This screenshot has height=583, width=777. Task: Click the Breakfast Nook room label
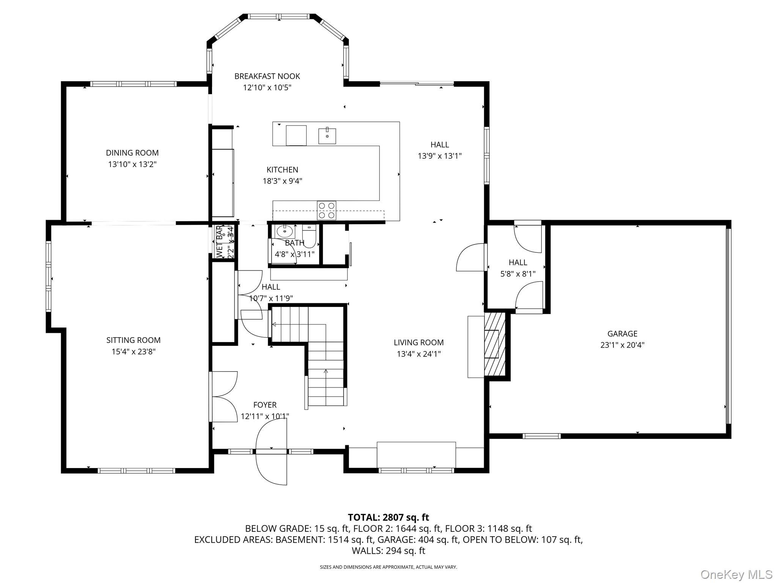267,76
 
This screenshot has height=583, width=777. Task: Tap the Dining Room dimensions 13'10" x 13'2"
132,164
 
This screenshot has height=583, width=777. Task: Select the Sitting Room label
133,340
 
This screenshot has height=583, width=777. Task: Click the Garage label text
622,334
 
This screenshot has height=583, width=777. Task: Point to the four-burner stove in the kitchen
327,211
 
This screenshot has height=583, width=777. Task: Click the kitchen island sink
327,136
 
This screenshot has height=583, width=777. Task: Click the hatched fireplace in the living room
495,344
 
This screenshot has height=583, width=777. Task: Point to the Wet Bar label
219,241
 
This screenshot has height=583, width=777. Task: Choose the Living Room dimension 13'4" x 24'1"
418,354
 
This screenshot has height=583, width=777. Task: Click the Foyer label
265,405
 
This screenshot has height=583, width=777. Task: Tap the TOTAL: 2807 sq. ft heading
388,517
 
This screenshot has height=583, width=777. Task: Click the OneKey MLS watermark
736,575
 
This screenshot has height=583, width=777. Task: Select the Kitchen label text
282,170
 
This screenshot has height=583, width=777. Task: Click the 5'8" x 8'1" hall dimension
518,274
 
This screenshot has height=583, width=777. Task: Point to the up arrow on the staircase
326,371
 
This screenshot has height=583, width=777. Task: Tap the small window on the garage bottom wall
541,436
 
